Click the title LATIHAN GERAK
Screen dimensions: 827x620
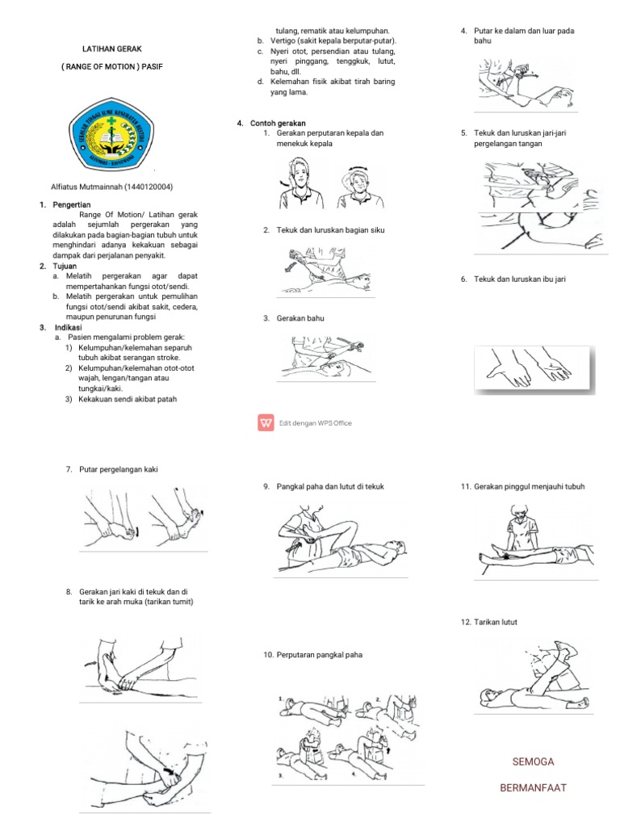[111, 49]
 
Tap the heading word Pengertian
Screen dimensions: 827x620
[73, 204]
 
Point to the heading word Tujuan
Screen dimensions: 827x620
[67, 266]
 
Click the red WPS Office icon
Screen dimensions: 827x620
[266, 422]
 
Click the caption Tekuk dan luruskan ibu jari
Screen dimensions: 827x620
[513, 279]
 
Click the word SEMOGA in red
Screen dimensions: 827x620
[534, 762]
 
